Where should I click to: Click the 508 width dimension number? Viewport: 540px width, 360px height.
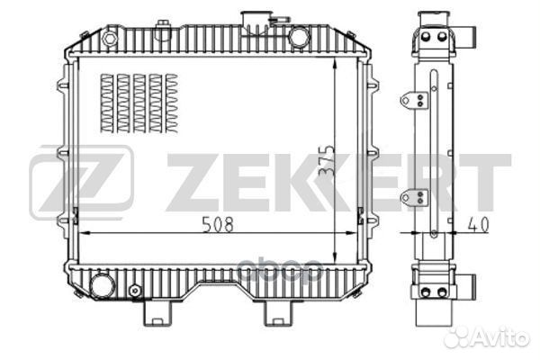[218, 225]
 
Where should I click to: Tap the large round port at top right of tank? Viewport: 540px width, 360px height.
[299, 38]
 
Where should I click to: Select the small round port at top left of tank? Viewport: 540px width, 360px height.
[110, 39]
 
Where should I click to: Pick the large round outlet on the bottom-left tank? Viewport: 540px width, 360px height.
[103, 285]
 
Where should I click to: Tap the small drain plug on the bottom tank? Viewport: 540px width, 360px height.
[136, 291]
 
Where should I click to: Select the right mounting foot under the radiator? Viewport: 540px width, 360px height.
[276, 312]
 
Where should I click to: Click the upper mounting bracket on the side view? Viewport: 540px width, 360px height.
[415, 98]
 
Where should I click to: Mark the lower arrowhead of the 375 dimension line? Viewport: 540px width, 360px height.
[335, 259]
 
